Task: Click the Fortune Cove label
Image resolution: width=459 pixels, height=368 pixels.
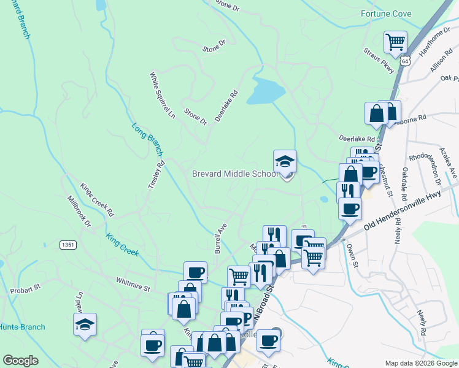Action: (x=387, y=13)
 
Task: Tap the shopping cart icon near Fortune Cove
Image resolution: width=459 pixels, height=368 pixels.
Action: (x=395, y=42)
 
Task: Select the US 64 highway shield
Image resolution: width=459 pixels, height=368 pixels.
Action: (x=404, y=61)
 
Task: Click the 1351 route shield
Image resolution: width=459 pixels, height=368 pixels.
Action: (x=68, y=245)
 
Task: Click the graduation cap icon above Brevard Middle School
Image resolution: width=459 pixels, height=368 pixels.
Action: (x=285, y=161)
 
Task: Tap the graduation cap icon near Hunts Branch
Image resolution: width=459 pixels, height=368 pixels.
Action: (x=85, y=324)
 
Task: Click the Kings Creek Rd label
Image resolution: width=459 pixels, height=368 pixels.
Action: (x=98, y=199)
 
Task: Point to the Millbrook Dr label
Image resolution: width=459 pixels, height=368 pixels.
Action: (x=79, y=211)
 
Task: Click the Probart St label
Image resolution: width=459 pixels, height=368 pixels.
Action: (x=25, y=286)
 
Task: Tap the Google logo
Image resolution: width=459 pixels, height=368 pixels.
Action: (x=21, y=361)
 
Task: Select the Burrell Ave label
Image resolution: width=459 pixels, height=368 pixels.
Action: (x=221, y=238)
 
